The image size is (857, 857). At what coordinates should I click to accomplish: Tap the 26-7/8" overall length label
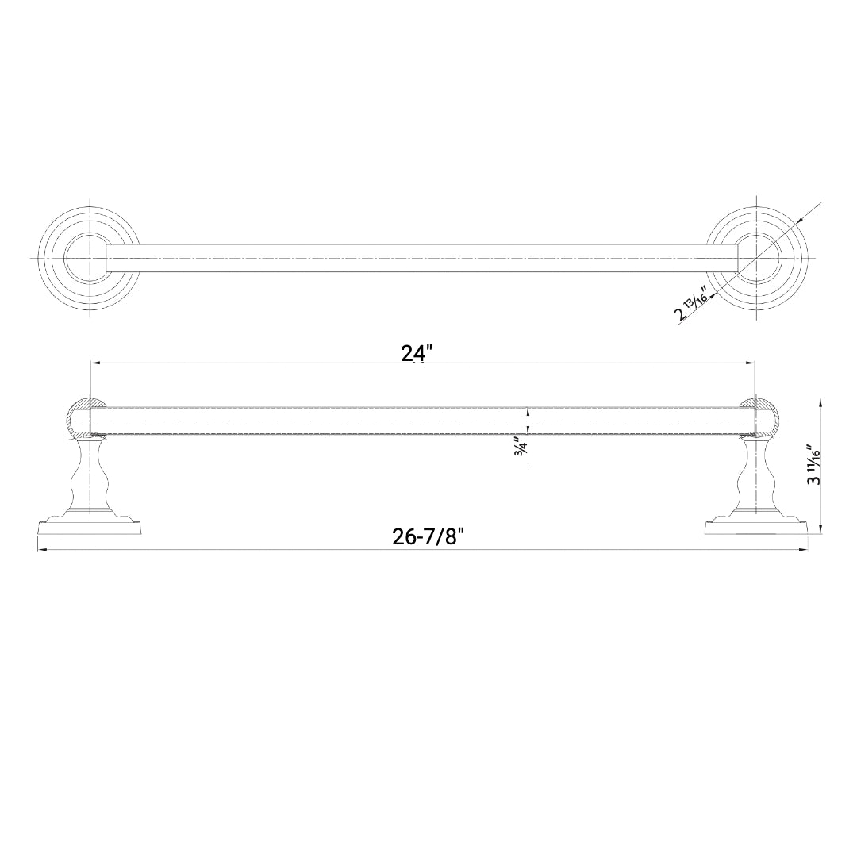click(x=427, y=537)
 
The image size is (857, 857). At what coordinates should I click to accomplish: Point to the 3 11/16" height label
click(x=813, y=468)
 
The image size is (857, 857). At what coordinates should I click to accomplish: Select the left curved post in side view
click(x=89, y=476)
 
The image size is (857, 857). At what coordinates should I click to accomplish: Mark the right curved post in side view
click(x=757, y=476)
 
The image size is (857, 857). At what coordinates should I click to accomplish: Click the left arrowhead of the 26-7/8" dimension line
click(x=42, y=549)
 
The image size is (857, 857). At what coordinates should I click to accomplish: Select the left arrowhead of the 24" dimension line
click(x=95, y=363)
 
